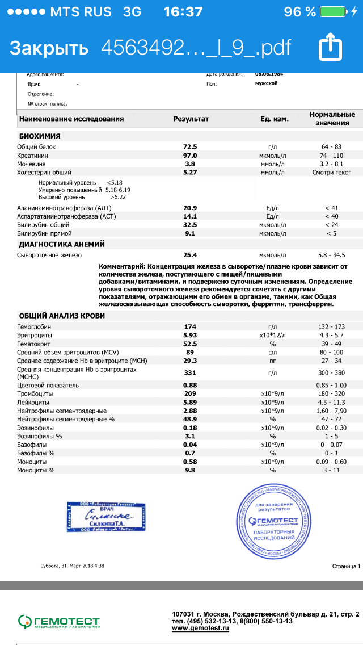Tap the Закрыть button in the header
click(49, 48)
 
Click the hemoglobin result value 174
click(190, 326)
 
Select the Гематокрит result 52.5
click(190, 344)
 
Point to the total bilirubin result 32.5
click(190, 225)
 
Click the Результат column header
click(191, 119)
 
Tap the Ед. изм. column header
click(275, 119)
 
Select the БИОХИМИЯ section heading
click(40, 136)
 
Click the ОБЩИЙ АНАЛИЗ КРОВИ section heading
click(61, 316)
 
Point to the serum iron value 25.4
click(190, 255)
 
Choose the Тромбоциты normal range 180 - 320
click(332, 393)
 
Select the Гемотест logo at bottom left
click(58, 621)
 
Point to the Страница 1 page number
click(345, 566)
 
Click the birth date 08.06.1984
click(269, 74)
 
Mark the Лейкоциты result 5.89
click(190, 401)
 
